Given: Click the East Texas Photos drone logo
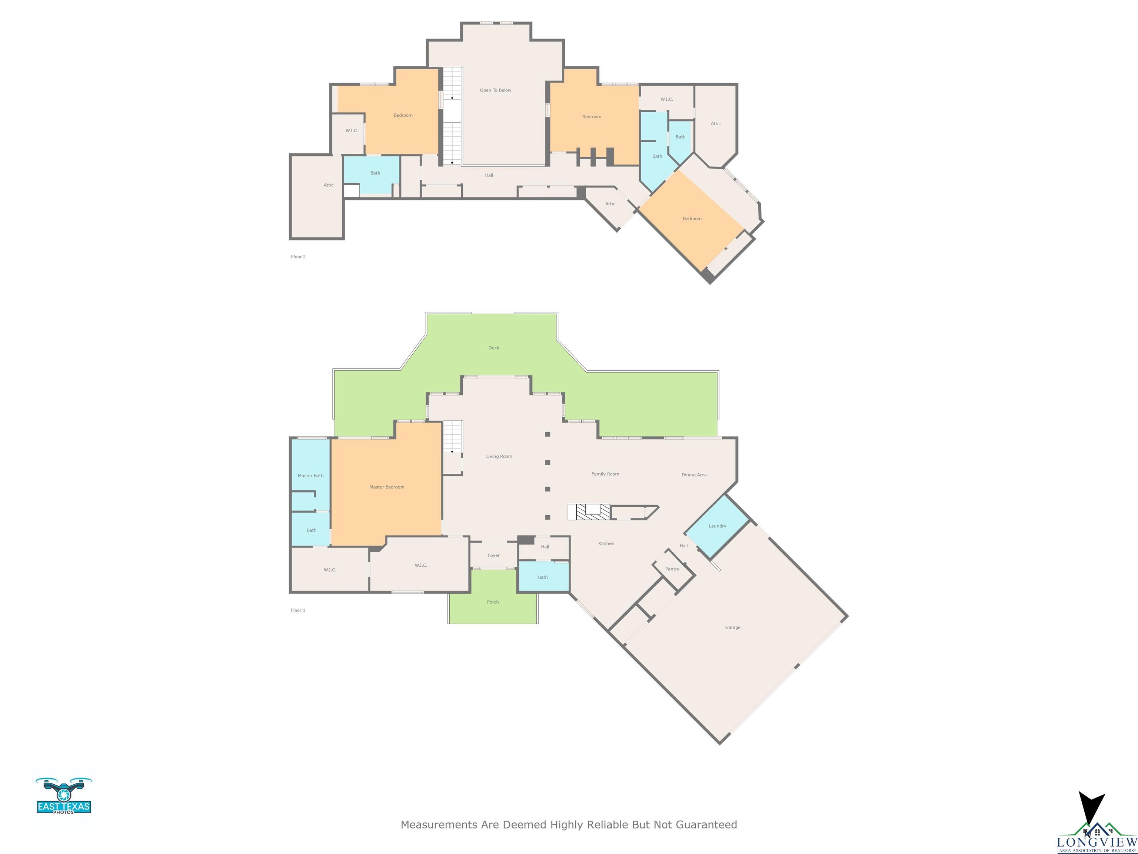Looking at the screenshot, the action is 64,796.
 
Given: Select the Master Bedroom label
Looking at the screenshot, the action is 387,487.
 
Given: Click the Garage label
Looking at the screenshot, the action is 733,628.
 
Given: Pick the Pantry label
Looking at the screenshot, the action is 672,569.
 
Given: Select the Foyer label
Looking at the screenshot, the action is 493,556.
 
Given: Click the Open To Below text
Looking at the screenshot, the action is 495,90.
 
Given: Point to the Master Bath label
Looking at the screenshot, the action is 311,476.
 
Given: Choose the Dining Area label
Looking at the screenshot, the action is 694,474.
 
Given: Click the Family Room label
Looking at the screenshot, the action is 605,474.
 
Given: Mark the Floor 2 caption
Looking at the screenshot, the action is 298,257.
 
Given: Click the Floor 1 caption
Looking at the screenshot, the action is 298,610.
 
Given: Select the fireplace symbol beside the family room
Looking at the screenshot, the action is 589,512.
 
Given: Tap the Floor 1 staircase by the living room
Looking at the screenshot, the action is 452,437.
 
